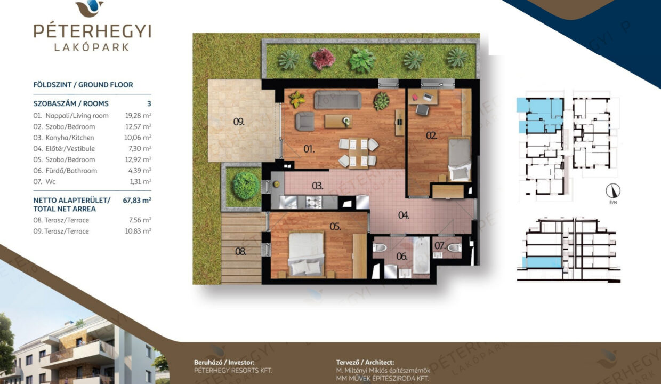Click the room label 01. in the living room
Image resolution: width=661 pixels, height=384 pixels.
pos(309,149)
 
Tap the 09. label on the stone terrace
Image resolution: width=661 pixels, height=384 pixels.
pos(239,122)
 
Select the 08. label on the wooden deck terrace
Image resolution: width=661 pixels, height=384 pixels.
pos(240,252)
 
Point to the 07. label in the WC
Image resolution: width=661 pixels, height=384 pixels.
pos(440,245)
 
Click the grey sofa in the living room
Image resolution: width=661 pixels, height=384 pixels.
pos(337,100)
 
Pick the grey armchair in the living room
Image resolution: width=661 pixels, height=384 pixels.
pos(304,121)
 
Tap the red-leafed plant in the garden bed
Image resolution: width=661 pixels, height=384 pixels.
pos(323,59)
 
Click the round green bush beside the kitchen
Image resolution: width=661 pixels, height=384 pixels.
pos(246,186)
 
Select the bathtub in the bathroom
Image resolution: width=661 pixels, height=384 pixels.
pos(421,255)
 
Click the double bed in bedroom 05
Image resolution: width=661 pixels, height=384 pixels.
pos(306,254)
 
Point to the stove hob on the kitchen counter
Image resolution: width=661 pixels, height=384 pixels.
pos(313,202)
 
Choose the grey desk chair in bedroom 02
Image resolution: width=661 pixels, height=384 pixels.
pos(422,110)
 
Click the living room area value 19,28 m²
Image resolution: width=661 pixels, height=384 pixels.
pos(138,115)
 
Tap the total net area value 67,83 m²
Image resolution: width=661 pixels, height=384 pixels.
pos(137,200)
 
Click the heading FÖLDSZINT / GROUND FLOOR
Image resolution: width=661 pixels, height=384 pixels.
pos(83,85)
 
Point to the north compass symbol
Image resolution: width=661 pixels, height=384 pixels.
pos(613,191)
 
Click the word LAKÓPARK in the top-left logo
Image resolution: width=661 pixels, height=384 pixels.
pos(92,47)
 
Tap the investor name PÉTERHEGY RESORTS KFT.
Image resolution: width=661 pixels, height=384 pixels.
pos(233,371)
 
